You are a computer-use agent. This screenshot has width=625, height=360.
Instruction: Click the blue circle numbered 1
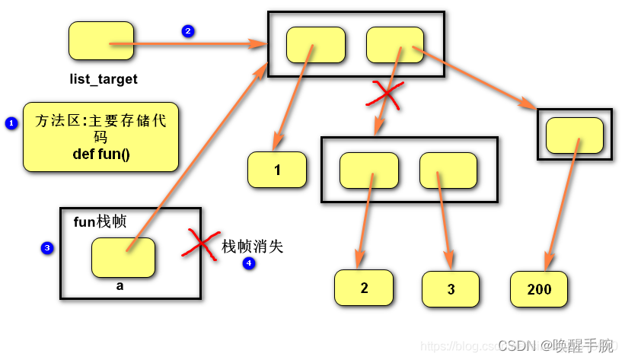point(11,123)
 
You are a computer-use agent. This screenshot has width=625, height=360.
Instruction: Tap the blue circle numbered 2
point(188,31)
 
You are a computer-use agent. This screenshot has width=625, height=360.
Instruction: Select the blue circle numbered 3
point(47,248)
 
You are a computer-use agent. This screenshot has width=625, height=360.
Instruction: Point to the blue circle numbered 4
point(249,263)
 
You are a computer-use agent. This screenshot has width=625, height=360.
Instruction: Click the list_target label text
point(104,79)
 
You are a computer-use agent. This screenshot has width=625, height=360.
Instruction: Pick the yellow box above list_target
point(100,41)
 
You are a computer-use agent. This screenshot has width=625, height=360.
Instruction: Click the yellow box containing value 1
point(277,170)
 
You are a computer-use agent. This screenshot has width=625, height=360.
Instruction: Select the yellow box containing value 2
point(364,288)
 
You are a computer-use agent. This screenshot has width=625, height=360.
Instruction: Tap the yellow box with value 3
point(451,289)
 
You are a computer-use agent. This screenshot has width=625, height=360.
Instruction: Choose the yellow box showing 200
point(539,289)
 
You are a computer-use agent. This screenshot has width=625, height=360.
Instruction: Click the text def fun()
point(101,155)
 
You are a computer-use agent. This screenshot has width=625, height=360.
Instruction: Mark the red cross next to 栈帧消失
point(200,244)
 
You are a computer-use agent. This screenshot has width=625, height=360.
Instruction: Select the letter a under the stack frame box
point(120,286)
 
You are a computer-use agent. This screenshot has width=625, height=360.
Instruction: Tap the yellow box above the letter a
point(123,257)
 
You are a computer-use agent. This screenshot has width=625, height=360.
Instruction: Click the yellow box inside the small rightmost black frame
point(575,135)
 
